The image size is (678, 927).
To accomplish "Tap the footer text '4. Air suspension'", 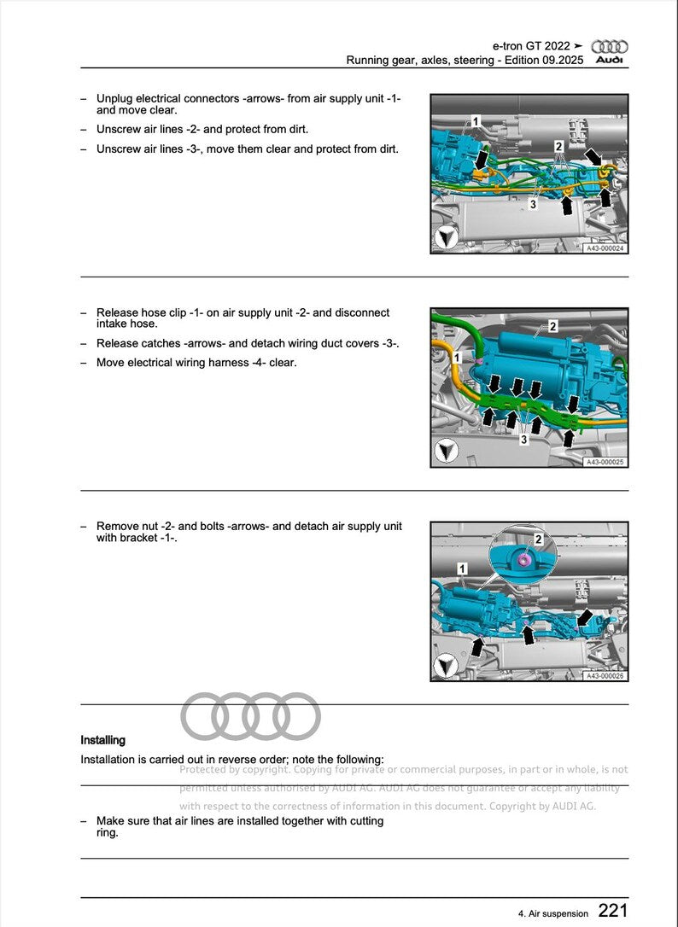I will pos(553,913).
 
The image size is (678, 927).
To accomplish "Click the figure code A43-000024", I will pos(605,248).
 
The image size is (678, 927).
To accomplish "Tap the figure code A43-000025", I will pos(605,462).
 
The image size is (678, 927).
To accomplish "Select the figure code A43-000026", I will pos(605,676).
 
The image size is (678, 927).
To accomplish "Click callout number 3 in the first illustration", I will pos(533,205).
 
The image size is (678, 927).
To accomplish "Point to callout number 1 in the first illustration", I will pos(476,122).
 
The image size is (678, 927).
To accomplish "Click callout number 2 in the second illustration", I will pos(552,327).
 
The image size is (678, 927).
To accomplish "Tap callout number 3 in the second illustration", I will pos(524,440).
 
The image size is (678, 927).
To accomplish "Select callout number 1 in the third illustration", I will pos(462,568).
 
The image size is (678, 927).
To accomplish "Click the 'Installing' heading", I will pos(102,740).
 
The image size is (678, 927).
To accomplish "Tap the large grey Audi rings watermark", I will pos(251,716).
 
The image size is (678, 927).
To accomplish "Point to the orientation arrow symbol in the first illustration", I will pos(445,237).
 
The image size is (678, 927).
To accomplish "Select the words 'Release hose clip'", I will pos(137,312).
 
